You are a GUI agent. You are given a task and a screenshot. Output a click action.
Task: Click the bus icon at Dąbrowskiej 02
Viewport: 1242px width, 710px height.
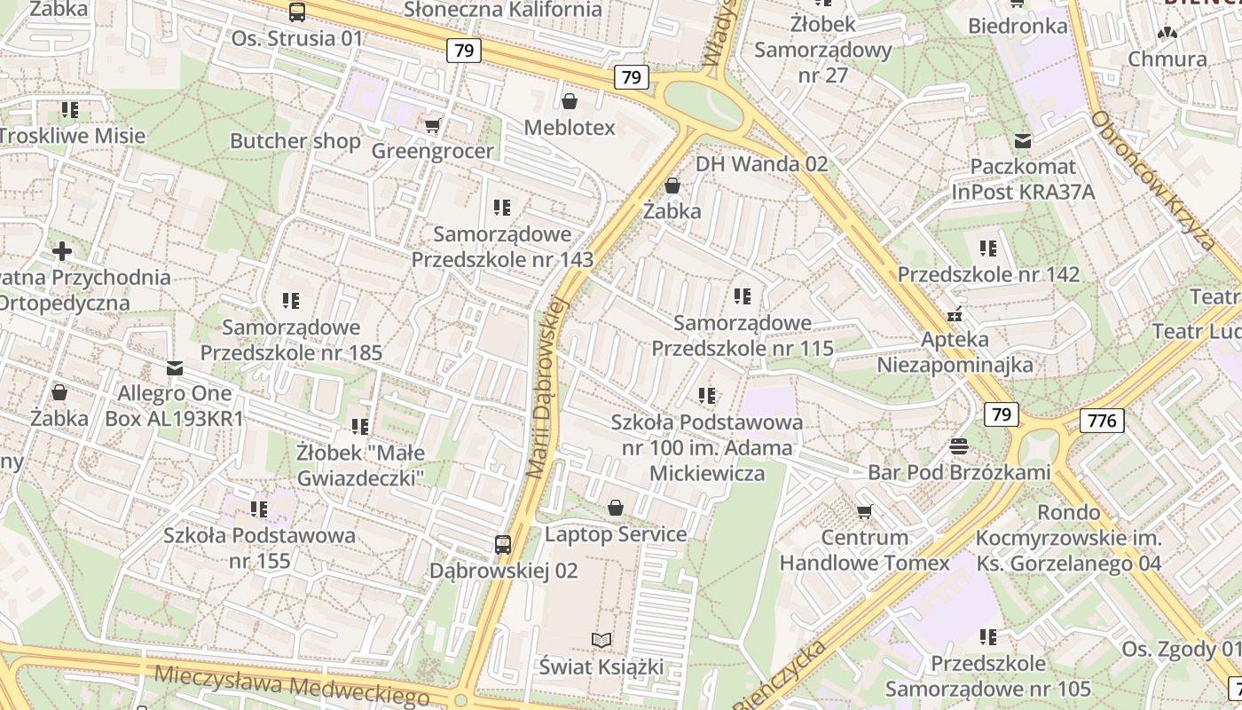click(503, 544)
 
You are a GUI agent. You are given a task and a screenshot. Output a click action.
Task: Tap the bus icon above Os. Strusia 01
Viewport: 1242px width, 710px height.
click(297, 12)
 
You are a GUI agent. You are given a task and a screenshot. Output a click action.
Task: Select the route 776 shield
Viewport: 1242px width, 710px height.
click(1102, 420)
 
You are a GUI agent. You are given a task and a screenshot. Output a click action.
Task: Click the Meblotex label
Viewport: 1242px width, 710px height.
click(569, 128)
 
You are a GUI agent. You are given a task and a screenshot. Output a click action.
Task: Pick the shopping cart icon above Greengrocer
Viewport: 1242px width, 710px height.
click(432, 125)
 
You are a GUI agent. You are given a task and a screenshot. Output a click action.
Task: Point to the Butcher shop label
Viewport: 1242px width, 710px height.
click(295, 141)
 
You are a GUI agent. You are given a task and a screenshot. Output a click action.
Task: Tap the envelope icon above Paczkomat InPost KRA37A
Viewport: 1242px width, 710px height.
click(1023, 140)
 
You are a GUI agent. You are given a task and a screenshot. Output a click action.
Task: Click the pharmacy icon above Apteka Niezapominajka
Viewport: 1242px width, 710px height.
click(955, 313)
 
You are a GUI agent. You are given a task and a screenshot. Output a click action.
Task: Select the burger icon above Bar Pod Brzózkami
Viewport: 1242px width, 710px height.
click(958, 445)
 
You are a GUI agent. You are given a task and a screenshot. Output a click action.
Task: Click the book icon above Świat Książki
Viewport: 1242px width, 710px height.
click(601, 640)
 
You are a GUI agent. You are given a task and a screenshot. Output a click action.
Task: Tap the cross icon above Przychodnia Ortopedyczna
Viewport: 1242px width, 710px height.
click(61, 250)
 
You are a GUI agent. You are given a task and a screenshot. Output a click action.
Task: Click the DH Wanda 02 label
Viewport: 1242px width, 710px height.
click(761, 164)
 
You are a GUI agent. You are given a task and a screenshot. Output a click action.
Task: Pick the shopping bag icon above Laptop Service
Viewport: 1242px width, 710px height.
click(616, 508)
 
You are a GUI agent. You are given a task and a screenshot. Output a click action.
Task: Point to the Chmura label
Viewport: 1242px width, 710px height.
click(1167, 59)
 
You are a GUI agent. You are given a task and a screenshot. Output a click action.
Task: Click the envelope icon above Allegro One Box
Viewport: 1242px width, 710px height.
click(175, 367)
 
